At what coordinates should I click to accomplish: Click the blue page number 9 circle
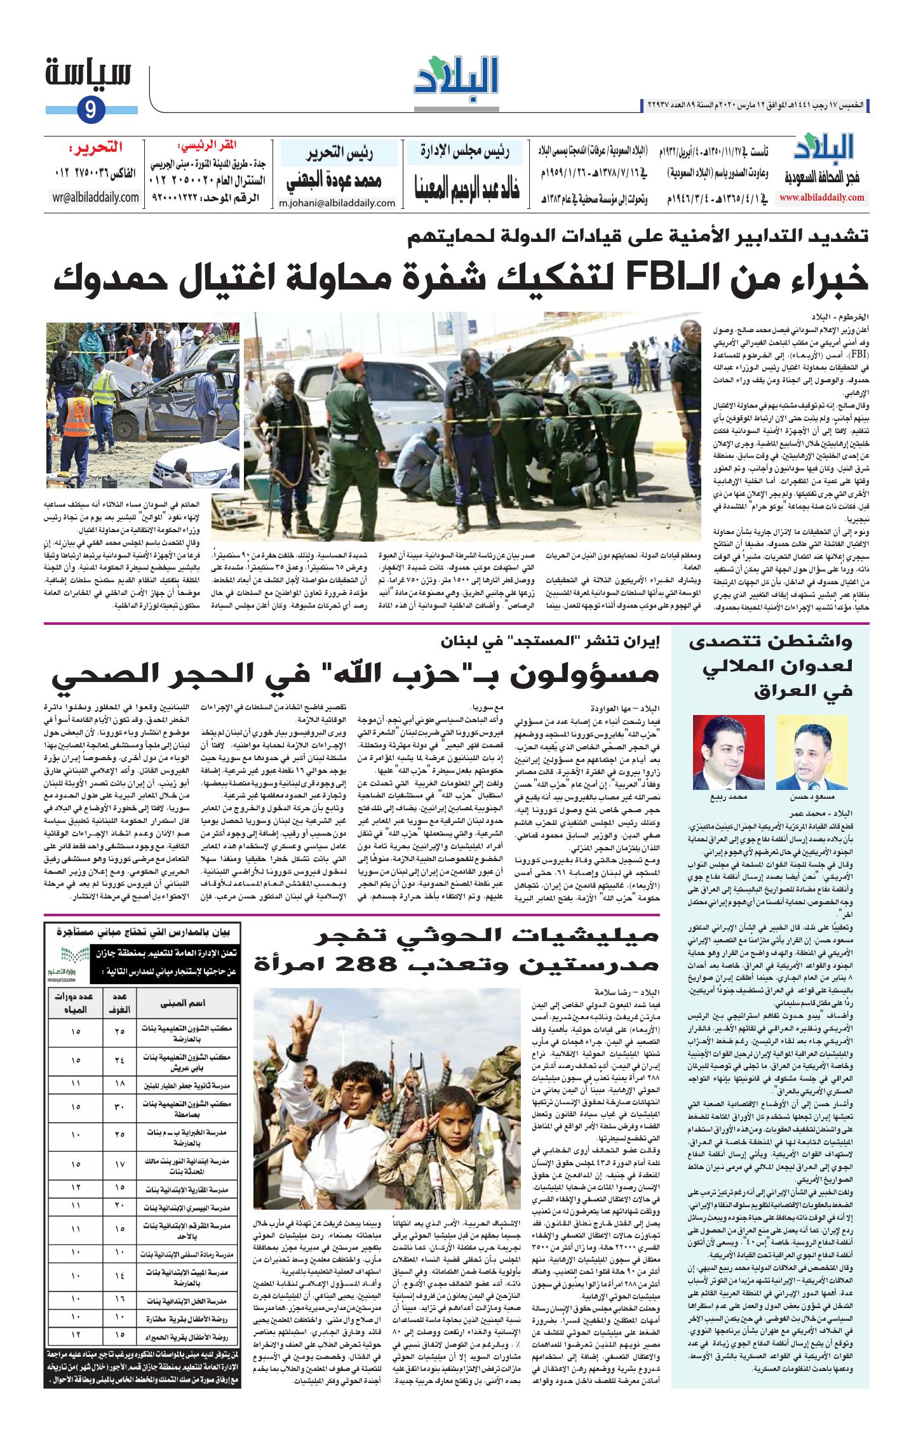[x=91, y=110]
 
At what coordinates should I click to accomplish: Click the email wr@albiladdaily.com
[x=95, y=197]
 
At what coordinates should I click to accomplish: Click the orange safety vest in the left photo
[x=78, y=416]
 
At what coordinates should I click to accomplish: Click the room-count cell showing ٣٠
[x=119, y=1107]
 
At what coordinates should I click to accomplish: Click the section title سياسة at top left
[x=88, y=74]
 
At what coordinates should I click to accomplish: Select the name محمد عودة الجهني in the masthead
[x=333, y=181]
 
